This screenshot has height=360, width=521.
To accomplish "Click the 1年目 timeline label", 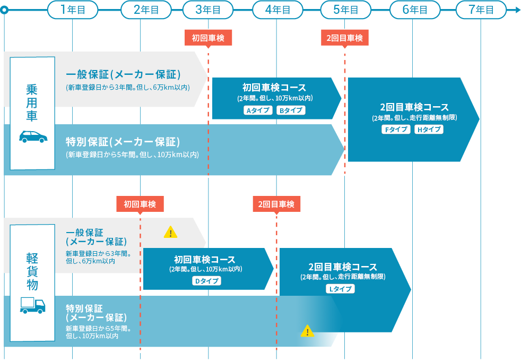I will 72,10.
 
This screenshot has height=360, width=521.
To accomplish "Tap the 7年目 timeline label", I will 481,10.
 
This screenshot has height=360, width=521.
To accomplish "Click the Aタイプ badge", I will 257,110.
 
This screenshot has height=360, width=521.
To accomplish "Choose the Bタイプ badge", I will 291,110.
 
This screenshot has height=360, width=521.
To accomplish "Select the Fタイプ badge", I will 396,130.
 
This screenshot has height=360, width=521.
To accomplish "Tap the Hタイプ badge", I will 428,130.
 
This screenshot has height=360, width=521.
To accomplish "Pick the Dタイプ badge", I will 206,281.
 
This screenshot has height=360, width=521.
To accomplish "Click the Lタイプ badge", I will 340,289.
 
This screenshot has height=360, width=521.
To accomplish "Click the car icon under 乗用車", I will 33,136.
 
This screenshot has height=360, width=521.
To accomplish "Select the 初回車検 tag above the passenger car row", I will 209,38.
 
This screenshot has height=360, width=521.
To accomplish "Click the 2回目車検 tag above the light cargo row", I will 276,204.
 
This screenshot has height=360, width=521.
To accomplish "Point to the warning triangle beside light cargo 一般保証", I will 170,232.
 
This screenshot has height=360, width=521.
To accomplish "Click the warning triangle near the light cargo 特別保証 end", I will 308,331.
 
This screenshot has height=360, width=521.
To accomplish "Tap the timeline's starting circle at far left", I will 4,10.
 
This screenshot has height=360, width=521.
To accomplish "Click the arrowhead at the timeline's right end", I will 517,10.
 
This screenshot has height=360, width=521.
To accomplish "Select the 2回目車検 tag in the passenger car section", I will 344,38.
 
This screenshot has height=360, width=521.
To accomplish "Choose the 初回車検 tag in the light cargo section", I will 140,204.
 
